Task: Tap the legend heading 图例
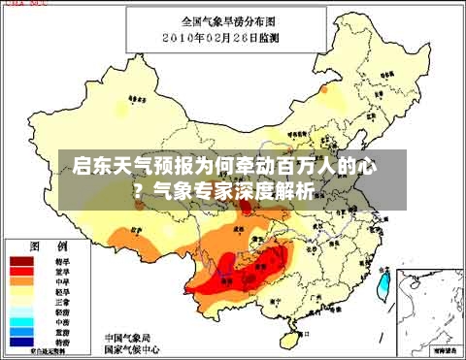(x=48, y=245)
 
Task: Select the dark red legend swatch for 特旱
(x=22, y=262)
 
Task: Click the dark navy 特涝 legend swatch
(x=22, y=342)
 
